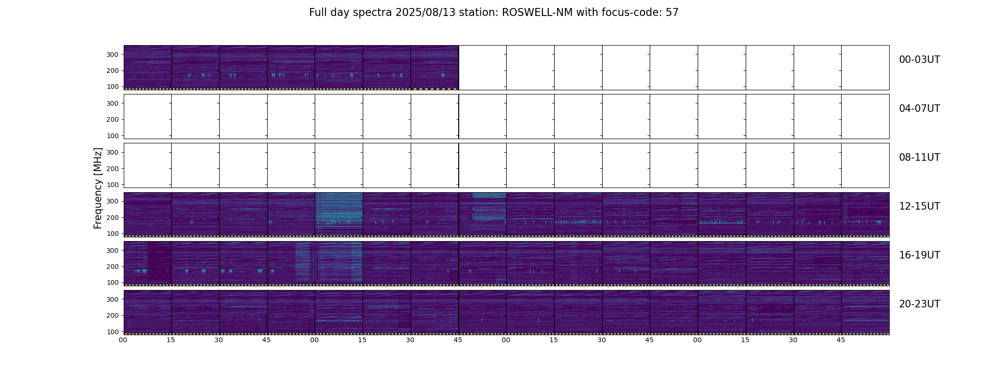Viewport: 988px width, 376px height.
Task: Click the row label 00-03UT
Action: coord(919,60)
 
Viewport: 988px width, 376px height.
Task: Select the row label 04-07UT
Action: coord(919,109)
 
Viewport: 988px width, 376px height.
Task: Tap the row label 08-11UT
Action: coord(919,157)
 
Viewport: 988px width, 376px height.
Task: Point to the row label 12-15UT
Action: coord(919,206)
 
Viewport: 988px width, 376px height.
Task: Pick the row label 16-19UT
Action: coord(919,255)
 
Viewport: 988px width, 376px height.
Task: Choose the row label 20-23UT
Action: coord(919,304)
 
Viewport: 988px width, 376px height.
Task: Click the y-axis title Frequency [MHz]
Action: coord(98,188)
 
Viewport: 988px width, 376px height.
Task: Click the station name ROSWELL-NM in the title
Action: coord(537,13)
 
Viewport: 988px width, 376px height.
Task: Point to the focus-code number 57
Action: coord(672,13)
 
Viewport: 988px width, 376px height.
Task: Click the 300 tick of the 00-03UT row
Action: coord(112,55)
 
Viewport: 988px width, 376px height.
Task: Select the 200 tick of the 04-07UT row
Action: coord(112,119)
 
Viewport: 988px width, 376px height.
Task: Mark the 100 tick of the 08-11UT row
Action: coord(112,185)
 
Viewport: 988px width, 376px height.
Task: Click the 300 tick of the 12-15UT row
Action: coord(112,201)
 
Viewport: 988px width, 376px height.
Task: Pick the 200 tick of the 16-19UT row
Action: coord(112,266)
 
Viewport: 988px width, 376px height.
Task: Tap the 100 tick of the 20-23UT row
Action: coord(112,331)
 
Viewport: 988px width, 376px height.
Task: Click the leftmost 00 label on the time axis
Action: coord(123,340)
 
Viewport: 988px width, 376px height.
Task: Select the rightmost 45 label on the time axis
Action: coord(841,340)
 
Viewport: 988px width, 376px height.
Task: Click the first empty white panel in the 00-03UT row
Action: coord(482,68)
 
